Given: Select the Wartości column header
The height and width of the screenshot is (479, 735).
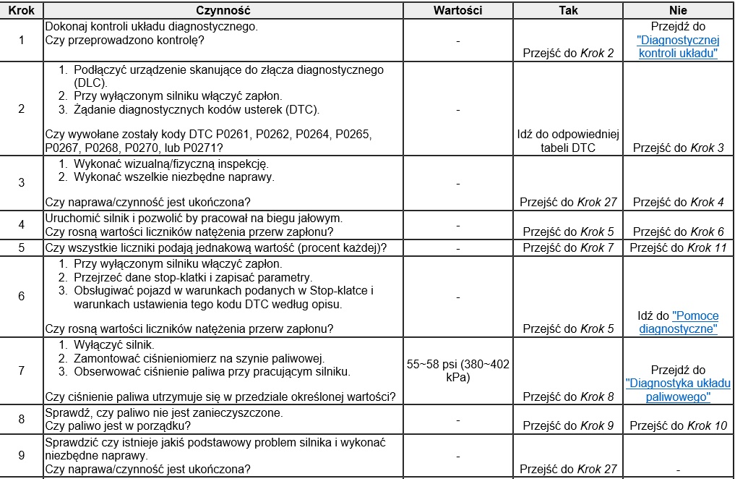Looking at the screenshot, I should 458,11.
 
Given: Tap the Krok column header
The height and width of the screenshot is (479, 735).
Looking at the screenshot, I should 22,11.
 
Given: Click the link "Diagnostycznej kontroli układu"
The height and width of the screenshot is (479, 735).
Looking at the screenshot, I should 677,47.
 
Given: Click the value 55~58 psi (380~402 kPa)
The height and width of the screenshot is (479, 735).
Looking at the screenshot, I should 458,371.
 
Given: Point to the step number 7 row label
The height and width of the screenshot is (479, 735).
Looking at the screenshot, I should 22,370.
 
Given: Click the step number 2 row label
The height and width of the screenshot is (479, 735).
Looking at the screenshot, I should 22,109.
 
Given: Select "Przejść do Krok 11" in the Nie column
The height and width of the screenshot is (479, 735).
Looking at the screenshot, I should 678,247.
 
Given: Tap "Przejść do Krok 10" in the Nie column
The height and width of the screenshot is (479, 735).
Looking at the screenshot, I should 678,425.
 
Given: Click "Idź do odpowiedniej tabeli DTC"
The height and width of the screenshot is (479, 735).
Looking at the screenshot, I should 568,141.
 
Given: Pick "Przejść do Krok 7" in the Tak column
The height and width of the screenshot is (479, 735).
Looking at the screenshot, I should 568,247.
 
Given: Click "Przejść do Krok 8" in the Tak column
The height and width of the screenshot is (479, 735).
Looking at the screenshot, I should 568,397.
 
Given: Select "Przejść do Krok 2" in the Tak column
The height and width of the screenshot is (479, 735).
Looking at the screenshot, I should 568,54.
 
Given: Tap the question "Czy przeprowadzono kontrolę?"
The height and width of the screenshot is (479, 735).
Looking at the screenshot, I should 124,40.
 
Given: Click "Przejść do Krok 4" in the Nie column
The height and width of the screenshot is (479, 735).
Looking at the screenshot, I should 678,202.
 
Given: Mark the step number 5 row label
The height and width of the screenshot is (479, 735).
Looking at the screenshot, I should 22,247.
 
